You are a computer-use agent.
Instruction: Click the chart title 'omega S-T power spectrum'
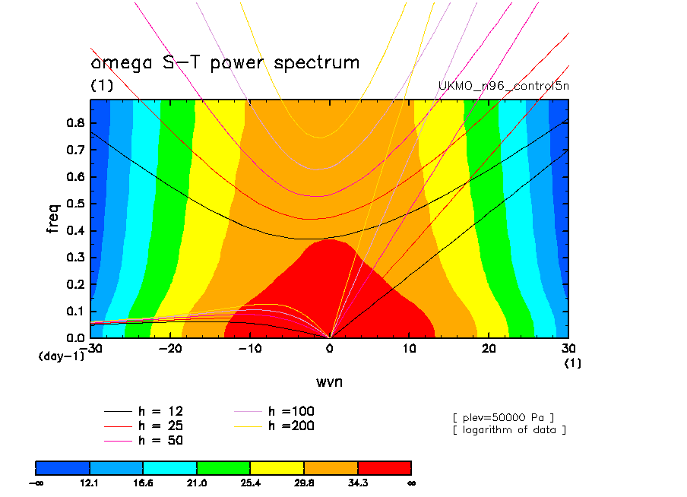[x=225, y=62]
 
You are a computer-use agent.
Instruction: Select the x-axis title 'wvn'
[x=329, y=381]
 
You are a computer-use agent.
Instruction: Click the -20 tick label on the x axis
[x=170, y=348]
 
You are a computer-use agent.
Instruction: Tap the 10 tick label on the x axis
[x=410, y=348]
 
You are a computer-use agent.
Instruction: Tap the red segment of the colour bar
[x=384, y=467]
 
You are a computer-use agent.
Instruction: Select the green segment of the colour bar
[x=223, y=467]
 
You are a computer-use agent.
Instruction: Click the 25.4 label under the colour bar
[x=250, y=483]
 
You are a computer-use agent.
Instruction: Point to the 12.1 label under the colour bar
[x=90, y=483]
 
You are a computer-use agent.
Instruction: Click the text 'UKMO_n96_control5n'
[x=504, y=86]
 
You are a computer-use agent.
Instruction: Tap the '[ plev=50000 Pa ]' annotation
[x=503, y=416]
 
